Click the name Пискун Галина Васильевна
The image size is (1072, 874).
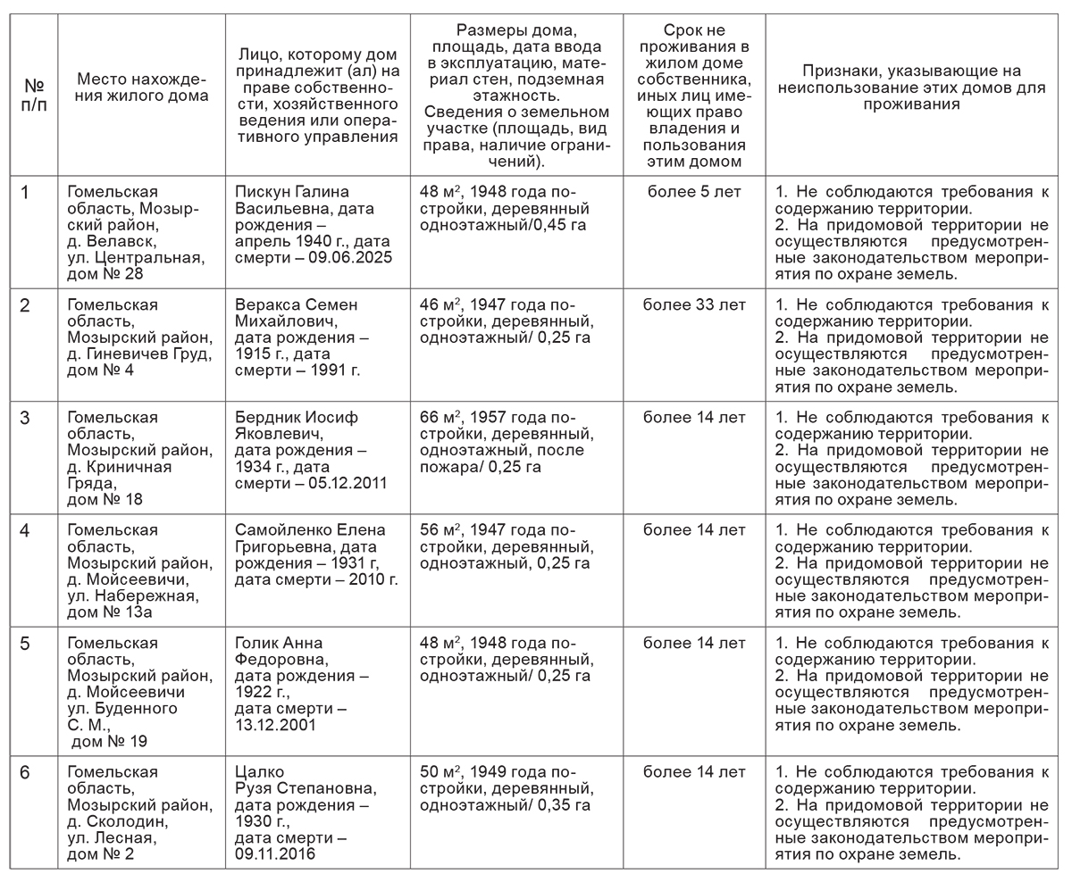[x=292, y=201]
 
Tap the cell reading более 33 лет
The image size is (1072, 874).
[x=694, y=305]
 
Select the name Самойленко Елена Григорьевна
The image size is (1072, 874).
[x=310, y=538]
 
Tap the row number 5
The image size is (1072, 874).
[x=25, y=644]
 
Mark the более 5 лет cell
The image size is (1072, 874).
[x=694, y=192]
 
